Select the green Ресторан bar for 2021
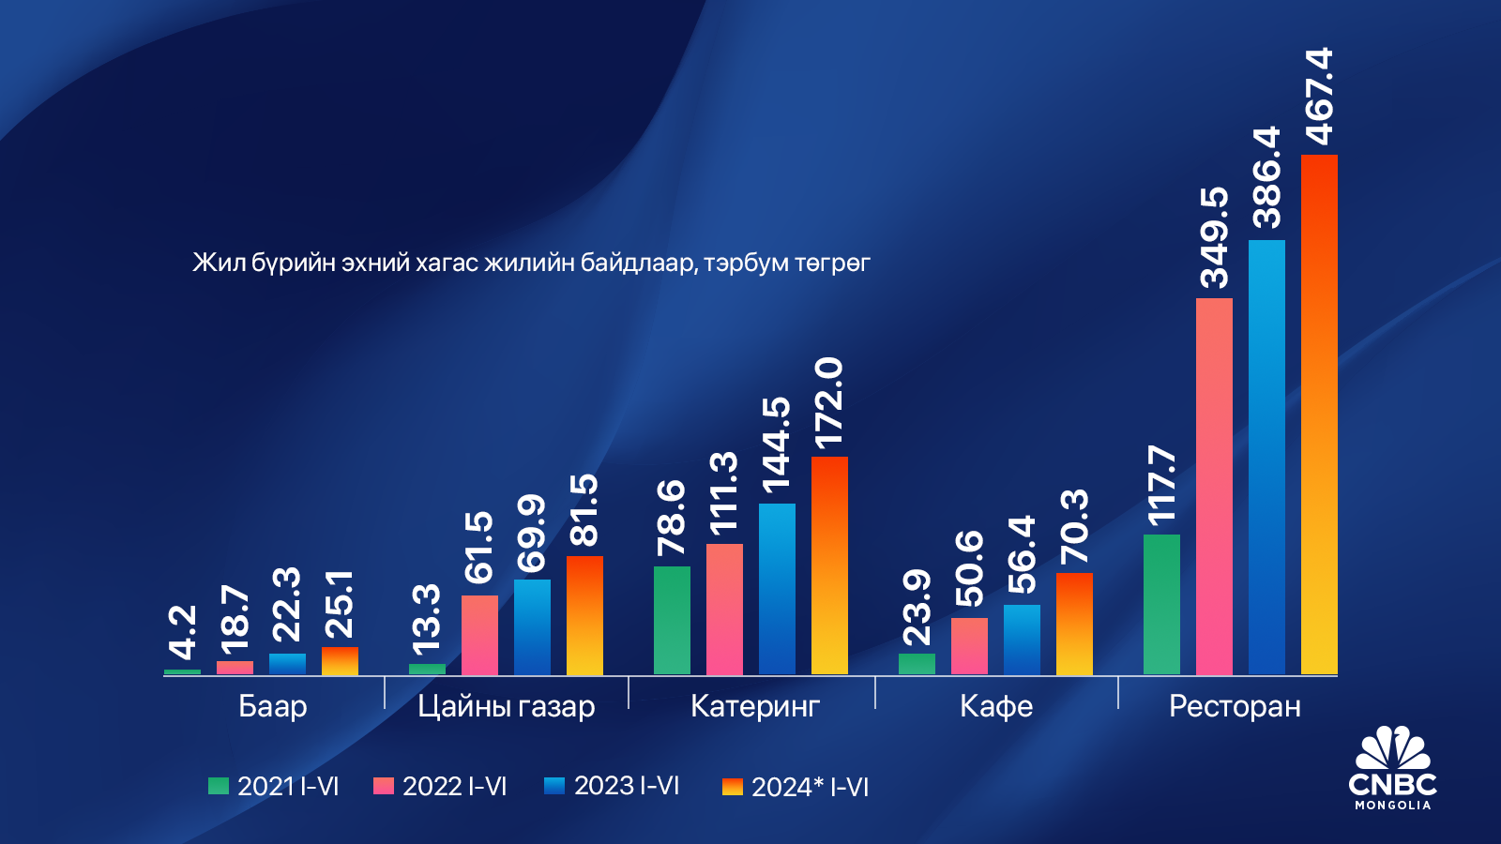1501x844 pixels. tap(1161, 604)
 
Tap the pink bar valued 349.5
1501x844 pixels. tap(1214, 486)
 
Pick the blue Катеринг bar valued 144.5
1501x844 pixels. tap(777, 589)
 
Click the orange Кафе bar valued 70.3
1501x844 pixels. tap(1074, 624)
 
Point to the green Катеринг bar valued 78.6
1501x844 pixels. tap(672, 620)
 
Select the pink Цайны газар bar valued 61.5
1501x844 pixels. tap(479, 635)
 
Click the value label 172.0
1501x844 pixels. tap(829, 401)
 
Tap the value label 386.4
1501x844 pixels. tap(1266, 177)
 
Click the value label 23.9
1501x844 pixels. tap(917, 608)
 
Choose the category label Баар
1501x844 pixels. tap(273, 706)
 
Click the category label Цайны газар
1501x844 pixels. tap(507, 706)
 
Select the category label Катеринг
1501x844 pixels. tap(755, 706)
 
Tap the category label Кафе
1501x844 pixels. tap(996, 706)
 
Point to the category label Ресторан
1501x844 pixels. tap(1235, 706)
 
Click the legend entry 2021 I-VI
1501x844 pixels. tap(274, 786)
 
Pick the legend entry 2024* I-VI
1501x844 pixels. tap(796, 787)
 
